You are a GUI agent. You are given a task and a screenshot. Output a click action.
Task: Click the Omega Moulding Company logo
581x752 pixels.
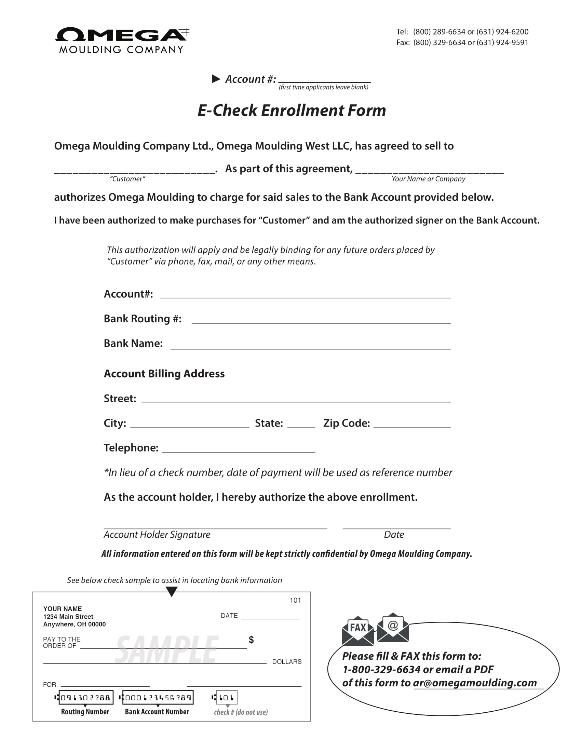(122, 40)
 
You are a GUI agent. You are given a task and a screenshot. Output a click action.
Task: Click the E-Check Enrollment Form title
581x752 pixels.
(292, 110)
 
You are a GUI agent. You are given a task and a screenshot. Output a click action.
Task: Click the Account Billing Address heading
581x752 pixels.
(164, 374)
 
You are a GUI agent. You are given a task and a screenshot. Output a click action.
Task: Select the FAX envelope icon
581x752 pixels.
(357, 630)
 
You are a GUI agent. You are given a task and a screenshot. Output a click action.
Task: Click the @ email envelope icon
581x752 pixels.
(393, 627)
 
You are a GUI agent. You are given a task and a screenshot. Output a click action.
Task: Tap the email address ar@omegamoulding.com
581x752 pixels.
(475, 683)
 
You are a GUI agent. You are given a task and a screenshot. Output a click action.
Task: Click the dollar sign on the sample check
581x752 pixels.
(251, 640)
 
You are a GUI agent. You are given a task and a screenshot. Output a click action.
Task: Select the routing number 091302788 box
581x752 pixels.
(86, 698)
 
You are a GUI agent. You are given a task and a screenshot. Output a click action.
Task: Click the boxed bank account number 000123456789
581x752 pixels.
(158, 698)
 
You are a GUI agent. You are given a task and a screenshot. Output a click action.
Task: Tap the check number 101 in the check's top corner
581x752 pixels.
(295, 601)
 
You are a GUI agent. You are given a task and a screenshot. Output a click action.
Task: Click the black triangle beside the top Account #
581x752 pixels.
(216, 79)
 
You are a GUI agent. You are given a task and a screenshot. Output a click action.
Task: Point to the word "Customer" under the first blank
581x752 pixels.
(127, 179)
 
